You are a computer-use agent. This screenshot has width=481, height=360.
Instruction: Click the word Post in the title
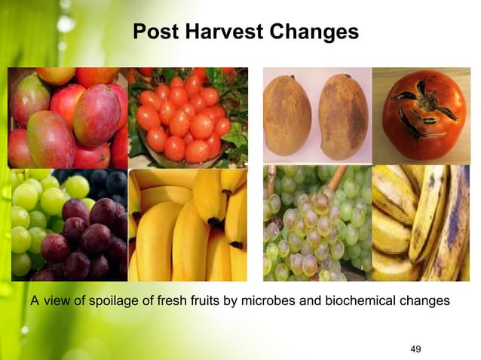[154, 32]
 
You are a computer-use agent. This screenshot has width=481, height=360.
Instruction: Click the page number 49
[414, 347]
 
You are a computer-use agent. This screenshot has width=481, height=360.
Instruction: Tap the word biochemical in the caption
[355, 301]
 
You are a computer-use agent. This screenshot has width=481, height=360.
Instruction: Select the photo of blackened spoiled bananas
[421, 222]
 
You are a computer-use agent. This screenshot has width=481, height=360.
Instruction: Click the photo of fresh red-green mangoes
[68, 117]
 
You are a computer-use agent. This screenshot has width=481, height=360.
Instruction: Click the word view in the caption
[57, 301]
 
